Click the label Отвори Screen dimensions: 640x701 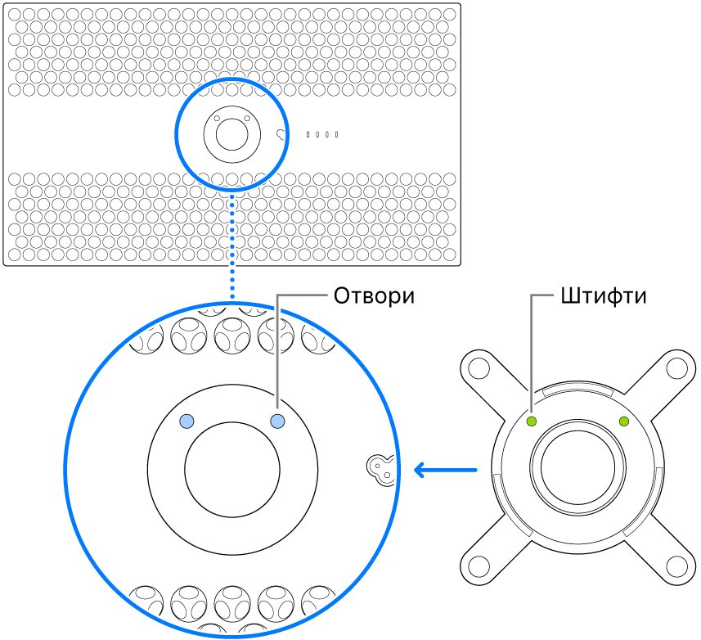click(x=374, y=296)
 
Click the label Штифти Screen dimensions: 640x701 click(x=604, y=296)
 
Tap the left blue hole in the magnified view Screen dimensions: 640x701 click(x=187, y=421)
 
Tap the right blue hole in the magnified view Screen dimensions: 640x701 click(x=277, y=421)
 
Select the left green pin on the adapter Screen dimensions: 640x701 click(x=531, y=421)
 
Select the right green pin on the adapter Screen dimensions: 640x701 click(x=625, y=421)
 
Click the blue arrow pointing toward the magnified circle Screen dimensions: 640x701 click(x=445, y=470)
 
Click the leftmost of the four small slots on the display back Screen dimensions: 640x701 click(x=308, y=134)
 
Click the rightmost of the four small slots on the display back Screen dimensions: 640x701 click(x=336, y=134)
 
